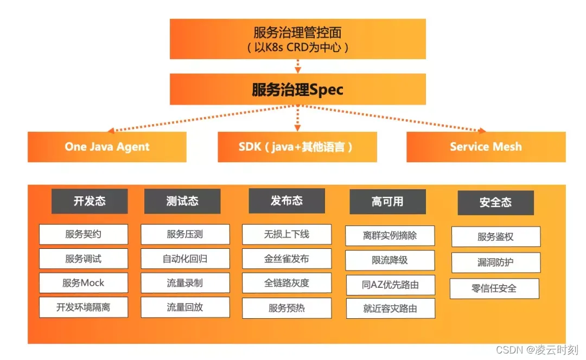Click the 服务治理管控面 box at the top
pyautogui.click(x=297, y=39)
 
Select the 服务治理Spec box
pyautogui.click(x=297, y=89)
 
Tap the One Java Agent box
pyautogui.click(x=107, y=147)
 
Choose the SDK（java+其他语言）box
pyautogui.click(x=297, y=147)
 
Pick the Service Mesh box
pyautogui.click(x=486, y=147)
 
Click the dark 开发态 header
pyautogui.click(x=90, y=201)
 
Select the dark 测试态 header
pyautogui.click(x=182, y=201)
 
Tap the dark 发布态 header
pyautogui.click(x=286, y=201)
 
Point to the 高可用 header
pyautogui.click(x=387, y=202)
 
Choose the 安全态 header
pyautogui.click(x=495, y=203)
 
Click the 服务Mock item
pyautogui.click(x=83, y=283)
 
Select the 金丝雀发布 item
pyautogui.click(x=286, y=259)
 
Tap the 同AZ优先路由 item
pyautogui.click(x=391, y=285)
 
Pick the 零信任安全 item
pyautogui.click(x=494, y=288)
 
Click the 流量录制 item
pyautogui.click(x=185, y=283)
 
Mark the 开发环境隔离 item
pyautogui.click(x=83, y=307)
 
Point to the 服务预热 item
pyautogui.click(x=286, y=308)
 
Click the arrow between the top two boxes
pyautogui.click(x=297, y=66)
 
